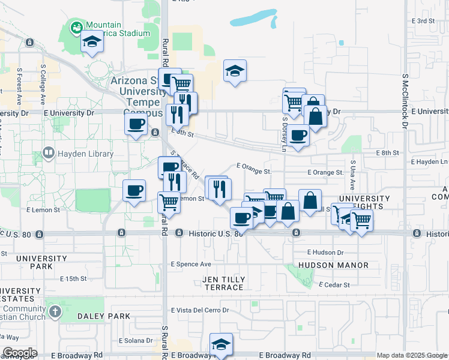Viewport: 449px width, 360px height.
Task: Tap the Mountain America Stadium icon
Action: [76, 27]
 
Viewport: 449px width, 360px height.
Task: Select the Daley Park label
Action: [103, 316]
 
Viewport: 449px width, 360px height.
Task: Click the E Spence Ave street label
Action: [191, 264]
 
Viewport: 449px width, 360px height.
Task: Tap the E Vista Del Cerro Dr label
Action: [200, 310]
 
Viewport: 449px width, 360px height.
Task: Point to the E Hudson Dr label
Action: [325, 253]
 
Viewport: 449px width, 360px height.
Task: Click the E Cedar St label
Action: [334, 284]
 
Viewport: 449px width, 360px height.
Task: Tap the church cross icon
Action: [55, 311]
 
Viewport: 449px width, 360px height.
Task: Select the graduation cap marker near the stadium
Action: [92, 42]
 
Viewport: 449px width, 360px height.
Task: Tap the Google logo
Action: [19, 353]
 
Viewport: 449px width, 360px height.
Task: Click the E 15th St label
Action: [68, 278]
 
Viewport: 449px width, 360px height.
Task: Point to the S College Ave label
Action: [43, 82]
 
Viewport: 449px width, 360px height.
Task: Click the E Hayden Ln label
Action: [429, 162]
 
